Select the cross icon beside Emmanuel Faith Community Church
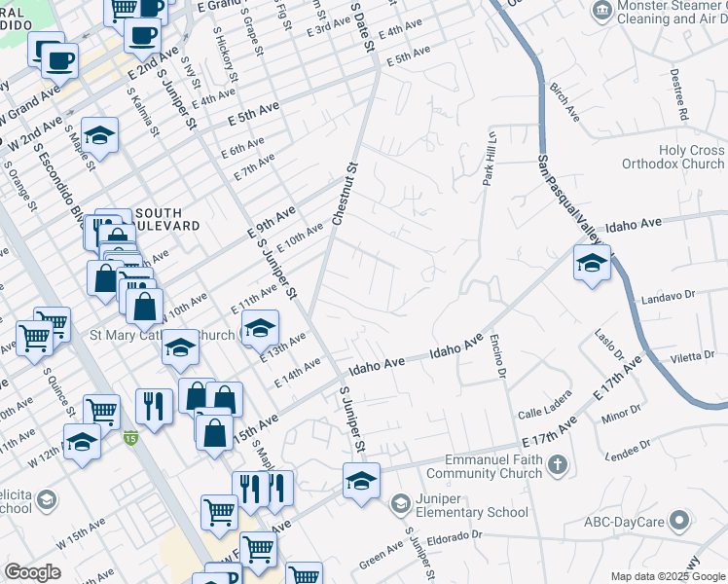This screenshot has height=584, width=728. point(559,464)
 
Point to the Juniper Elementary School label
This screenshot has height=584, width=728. point(472,504)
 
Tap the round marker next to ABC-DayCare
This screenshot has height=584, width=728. point(681,521)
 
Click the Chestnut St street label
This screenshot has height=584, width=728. point(344,194)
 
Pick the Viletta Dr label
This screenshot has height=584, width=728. point(692,357)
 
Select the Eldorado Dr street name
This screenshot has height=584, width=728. point(451,535)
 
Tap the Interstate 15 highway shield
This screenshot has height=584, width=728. point(130,439)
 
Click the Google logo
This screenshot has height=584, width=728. point(33,572)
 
